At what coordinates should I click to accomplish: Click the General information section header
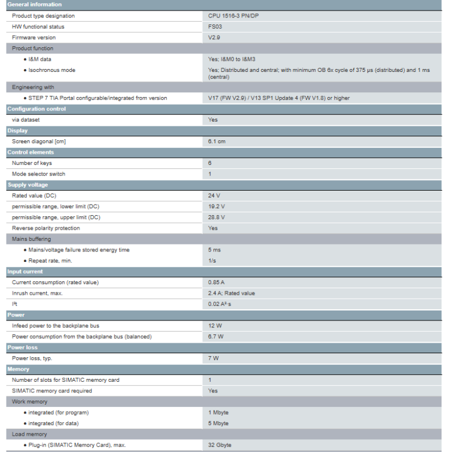34,5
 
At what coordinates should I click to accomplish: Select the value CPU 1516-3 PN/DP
233,16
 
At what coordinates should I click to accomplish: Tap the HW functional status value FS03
215,27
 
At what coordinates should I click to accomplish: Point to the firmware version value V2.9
214,37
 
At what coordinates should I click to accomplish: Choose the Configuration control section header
36,109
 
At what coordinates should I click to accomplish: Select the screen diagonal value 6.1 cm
216,142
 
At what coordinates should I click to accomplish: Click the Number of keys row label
32,163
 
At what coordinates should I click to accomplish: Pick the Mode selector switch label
39,174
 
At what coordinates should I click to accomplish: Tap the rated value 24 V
214,196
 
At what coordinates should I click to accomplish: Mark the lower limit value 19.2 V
216,206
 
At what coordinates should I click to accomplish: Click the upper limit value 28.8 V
216,218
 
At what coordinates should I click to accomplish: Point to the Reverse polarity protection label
46,228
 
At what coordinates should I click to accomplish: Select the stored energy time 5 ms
214,250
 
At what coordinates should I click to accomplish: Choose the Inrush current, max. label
37,294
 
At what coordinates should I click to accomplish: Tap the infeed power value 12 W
215,326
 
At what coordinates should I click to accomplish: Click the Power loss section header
22,347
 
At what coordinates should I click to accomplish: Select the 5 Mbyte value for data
218,423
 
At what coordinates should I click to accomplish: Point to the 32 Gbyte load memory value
220,446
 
